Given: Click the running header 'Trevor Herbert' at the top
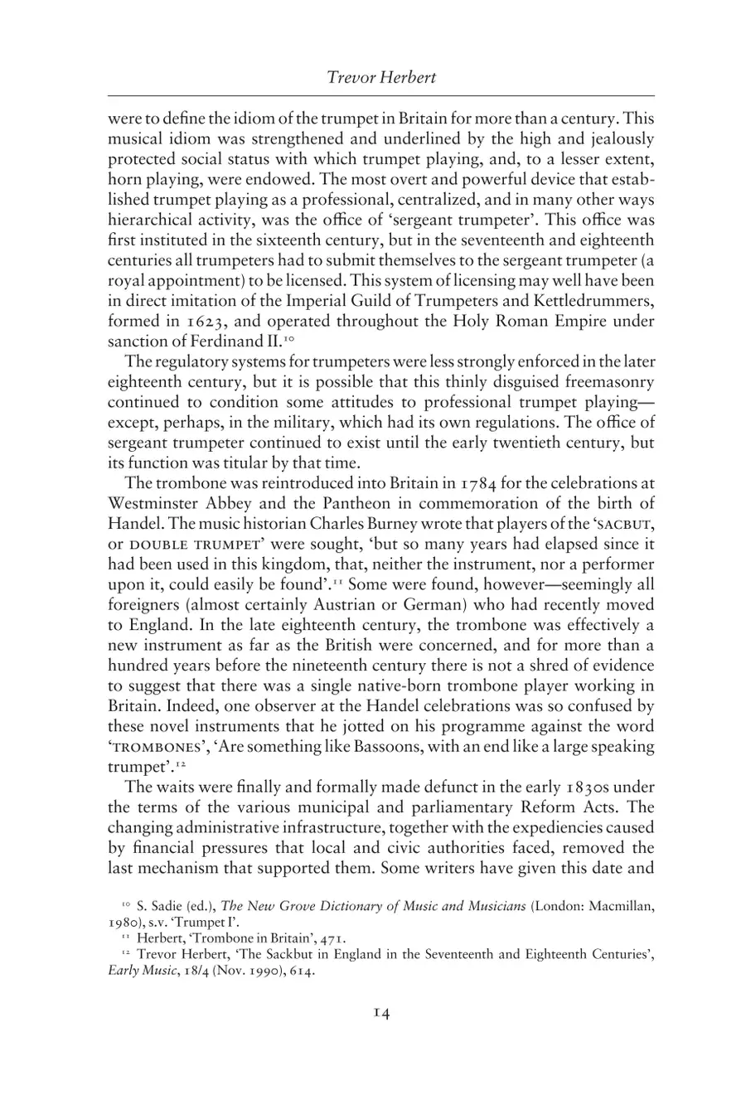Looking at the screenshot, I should click(x=381, y=78).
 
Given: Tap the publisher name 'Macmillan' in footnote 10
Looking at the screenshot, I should click(x=623, y=906).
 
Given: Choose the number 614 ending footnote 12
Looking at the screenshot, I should click(x=299, y=971).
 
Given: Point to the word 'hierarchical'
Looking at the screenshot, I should click(x=147, y=220).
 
